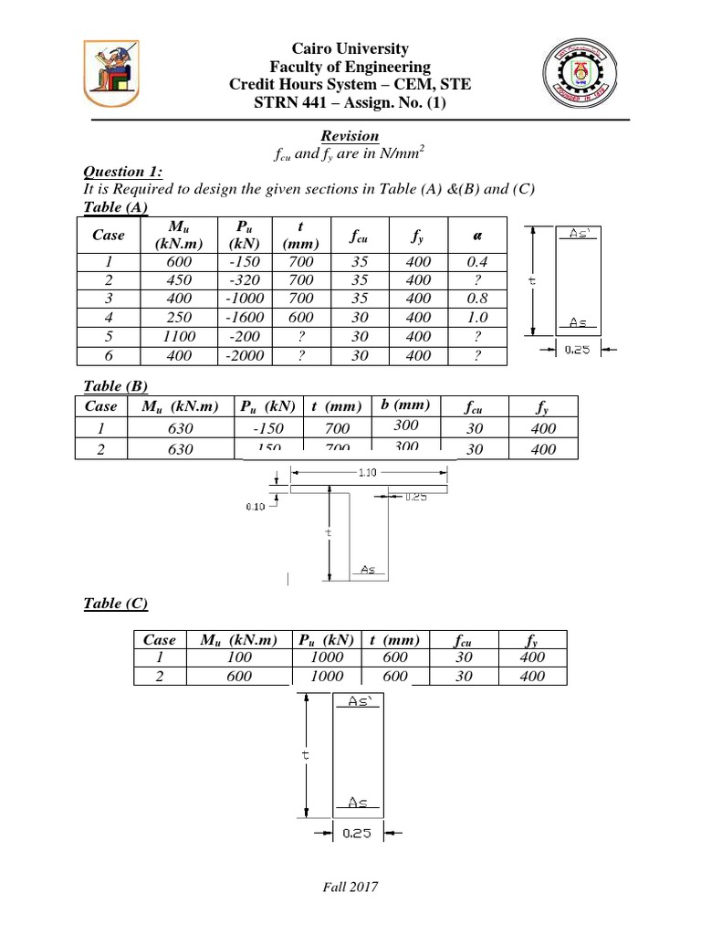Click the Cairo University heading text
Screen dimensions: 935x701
[350, 48]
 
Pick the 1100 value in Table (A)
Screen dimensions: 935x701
[180, 337]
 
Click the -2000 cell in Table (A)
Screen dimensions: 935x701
[246, 356]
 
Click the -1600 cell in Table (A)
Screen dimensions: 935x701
[246, 318]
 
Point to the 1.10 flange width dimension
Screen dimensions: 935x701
[369, 472]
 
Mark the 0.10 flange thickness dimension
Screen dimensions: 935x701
[256, 508]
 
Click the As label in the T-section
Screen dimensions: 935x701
[368, 569]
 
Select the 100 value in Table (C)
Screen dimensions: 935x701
[239, 657]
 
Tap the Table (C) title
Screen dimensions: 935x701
[115, 603]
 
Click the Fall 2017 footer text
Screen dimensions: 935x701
[350, 887]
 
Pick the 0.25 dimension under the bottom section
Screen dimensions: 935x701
[356, 833]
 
